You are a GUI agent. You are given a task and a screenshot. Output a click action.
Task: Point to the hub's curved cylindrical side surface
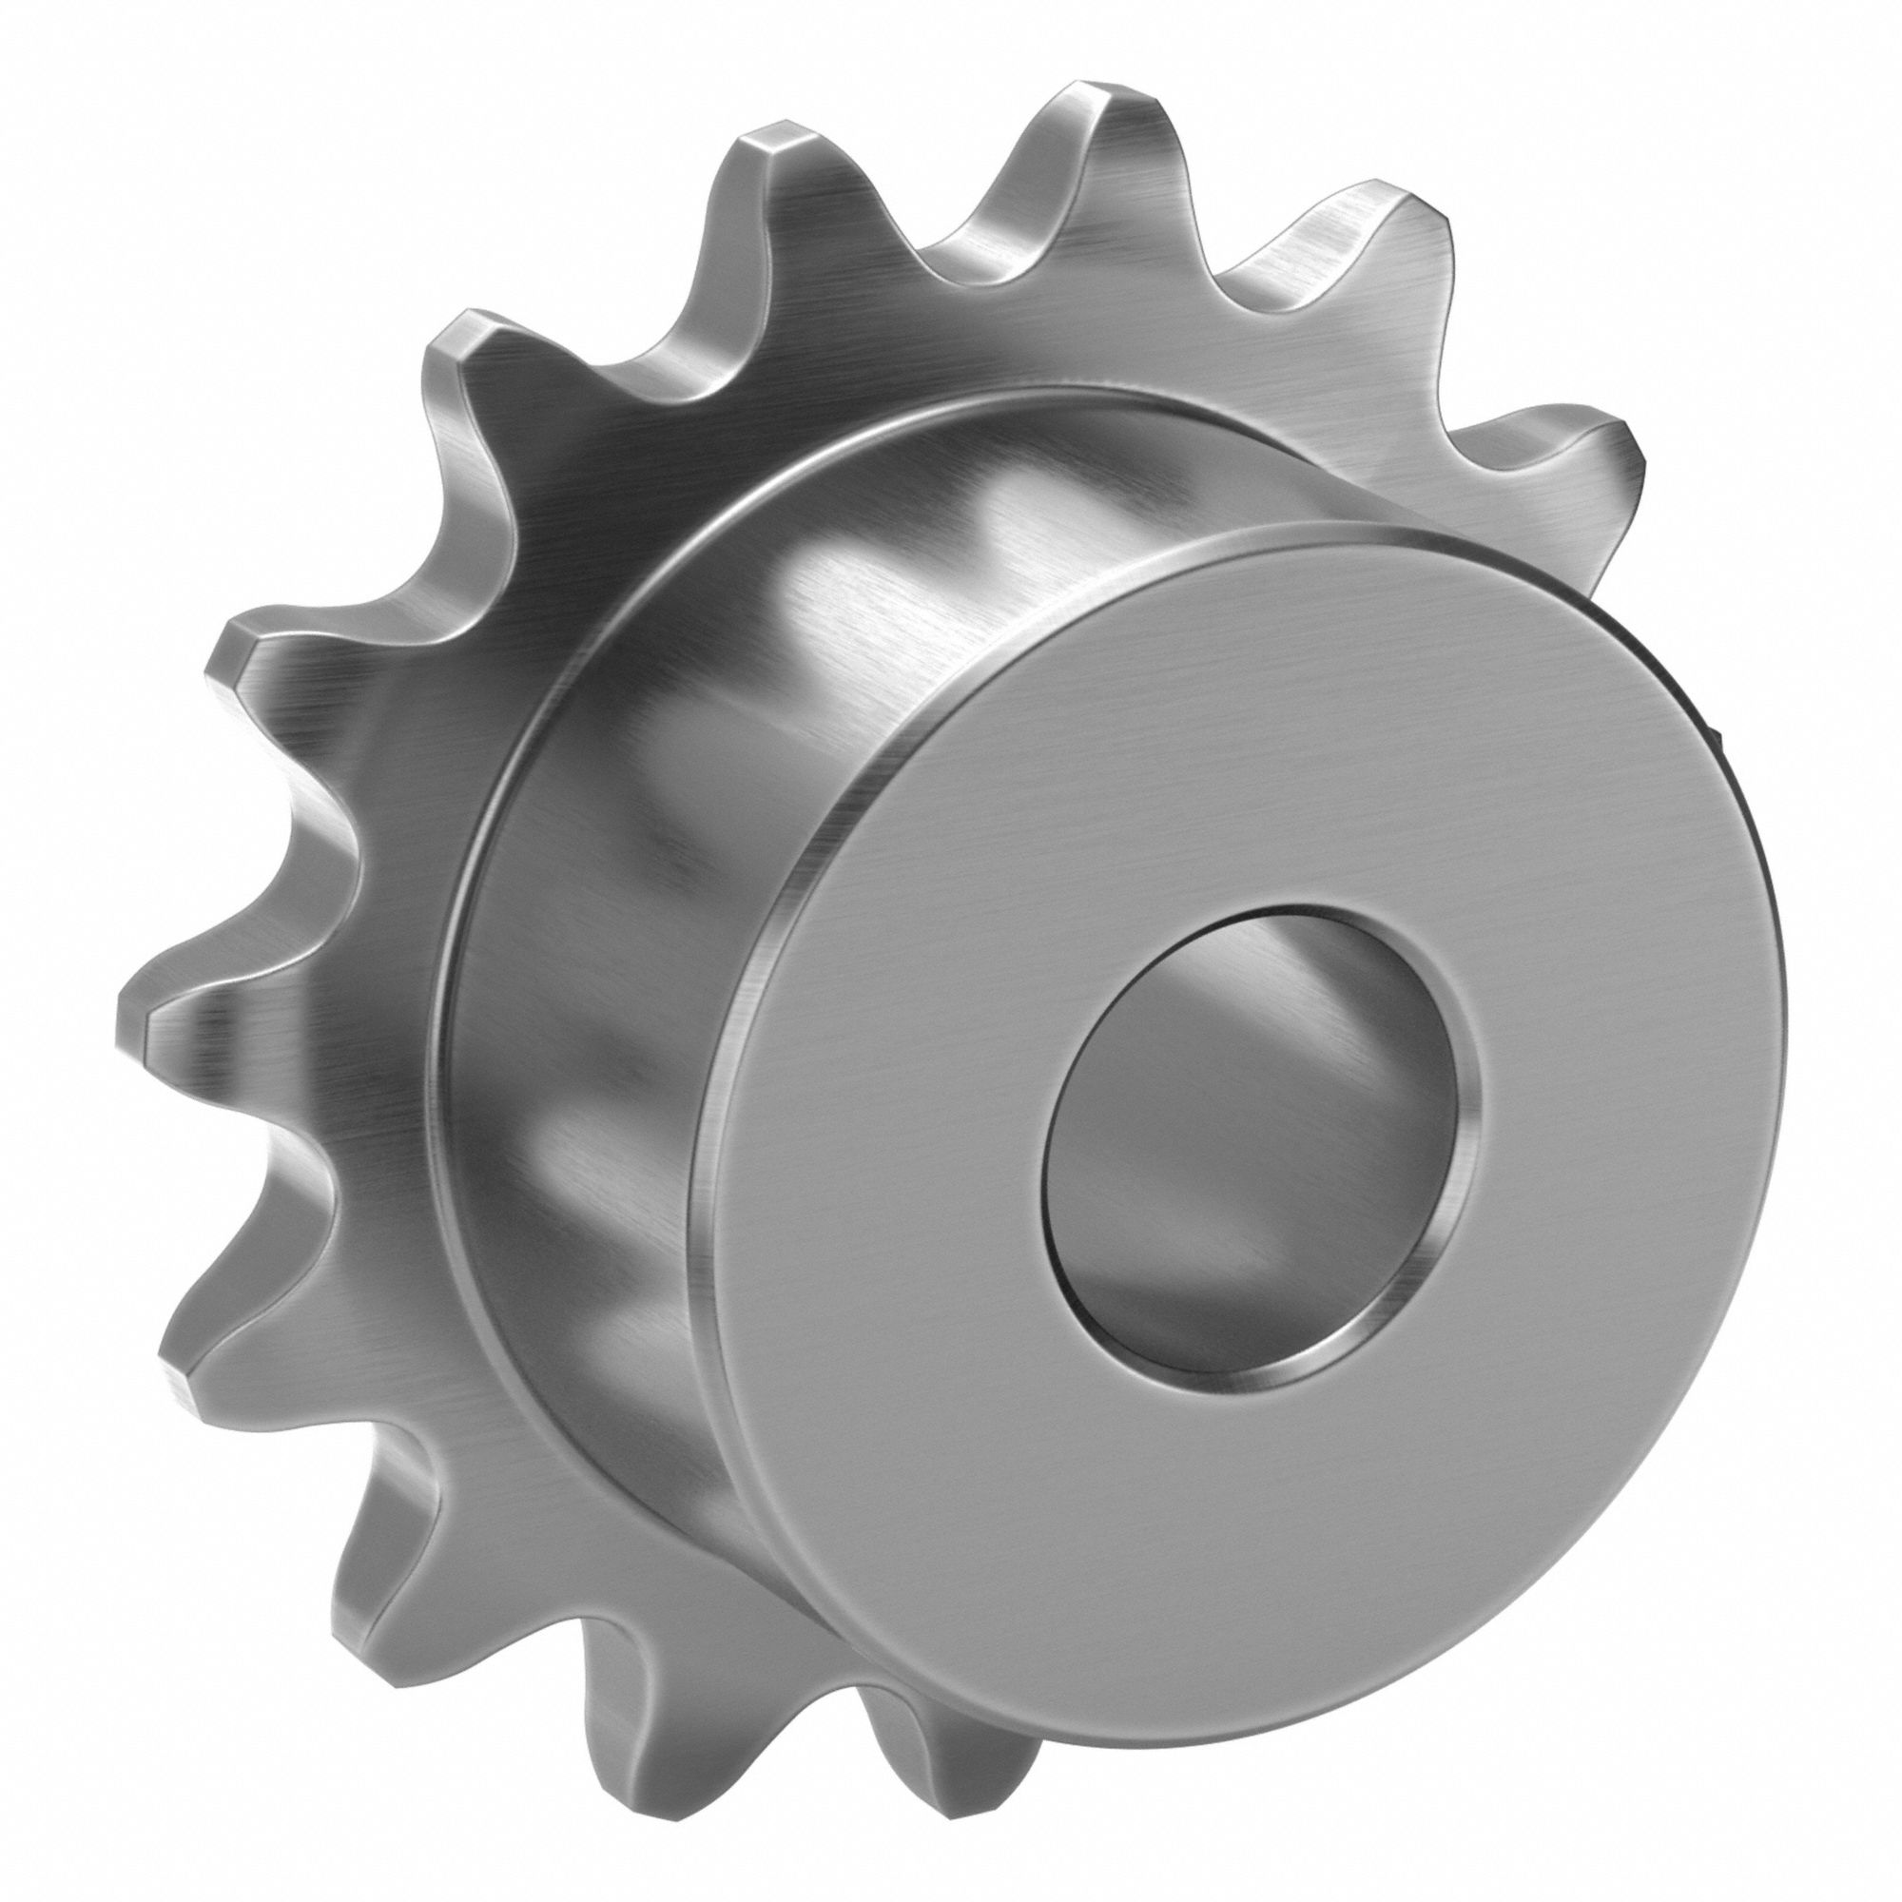point(689,787)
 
